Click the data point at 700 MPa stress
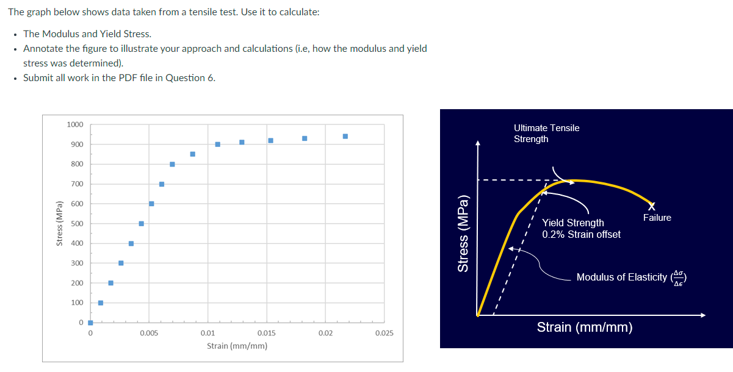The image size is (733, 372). (x=162, y=184)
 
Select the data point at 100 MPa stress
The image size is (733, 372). (x=101, y=303)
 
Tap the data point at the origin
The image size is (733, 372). (x=90, y=323)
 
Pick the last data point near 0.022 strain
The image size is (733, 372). (x=345, y=136)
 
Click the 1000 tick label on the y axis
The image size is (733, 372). (x=75, y=125)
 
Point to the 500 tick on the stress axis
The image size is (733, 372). (x=78, y=224)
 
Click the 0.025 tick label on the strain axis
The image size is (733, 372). (x=384, y=334)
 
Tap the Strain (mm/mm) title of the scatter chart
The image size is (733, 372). (x=237, y=346)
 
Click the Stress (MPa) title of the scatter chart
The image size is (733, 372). (x=59, y=223)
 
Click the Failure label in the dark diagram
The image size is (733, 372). (x=657, y=218)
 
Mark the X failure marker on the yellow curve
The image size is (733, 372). (x=652, y=205)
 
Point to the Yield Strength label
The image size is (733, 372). (x=573, y=223)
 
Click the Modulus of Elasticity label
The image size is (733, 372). (x=622, y=277)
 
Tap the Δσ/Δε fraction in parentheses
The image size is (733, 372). (x=679, y=277)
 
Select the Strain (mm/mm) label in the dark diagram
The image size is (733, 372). (x=584, y=327)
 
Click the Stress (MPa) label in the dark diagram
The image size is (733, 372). (x=464, y=234)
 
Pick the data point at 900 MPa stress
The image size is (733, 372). (x=217, y=145)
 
